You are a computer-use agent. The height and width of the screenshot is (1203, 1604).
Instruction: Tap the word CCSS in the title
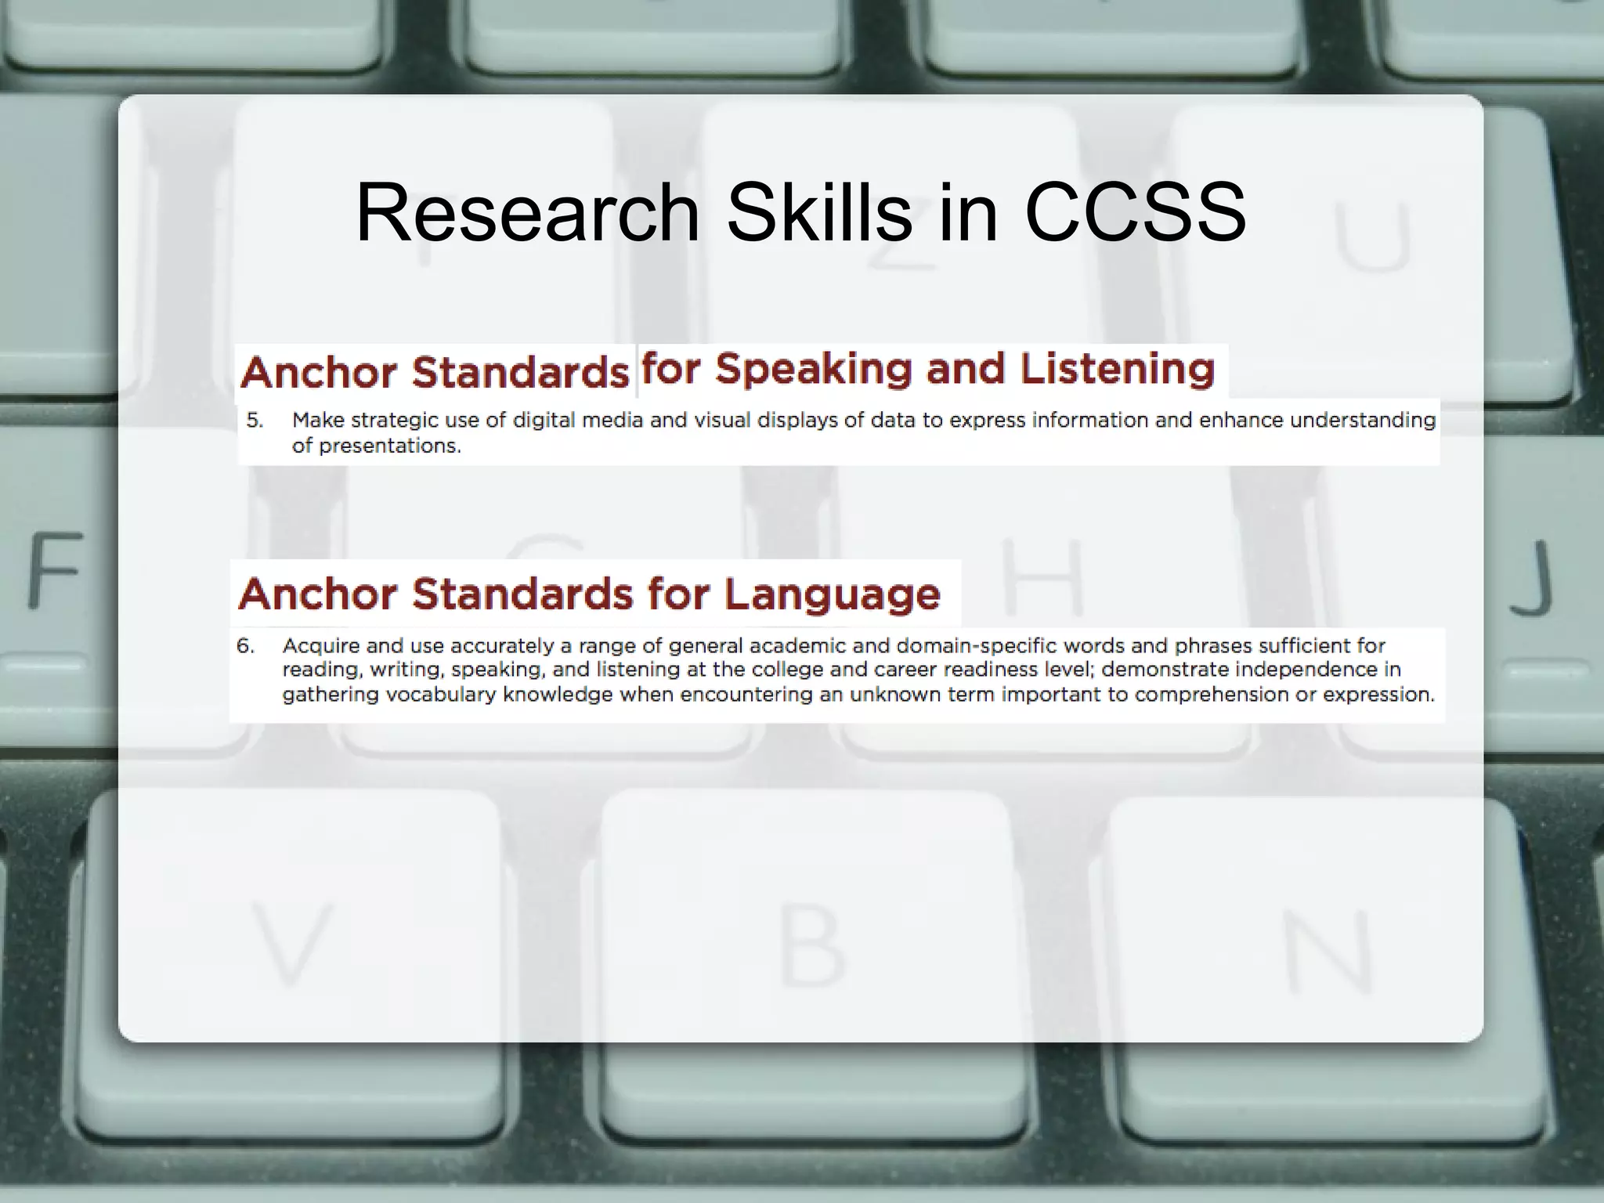1135,213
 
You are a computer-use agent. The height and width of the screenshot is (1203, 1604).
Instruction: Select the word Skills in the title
819,213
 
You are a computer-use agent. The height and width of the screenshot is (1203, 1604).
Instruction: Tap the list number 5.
255,421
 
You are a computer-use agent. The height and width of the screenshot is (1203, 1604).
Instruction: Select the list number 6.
245,646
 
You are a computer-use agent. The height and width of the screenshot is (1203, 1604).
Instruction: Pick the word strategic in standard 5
394,421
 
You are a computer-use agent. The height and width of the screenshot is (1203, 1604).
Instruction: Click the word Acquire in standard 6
320,646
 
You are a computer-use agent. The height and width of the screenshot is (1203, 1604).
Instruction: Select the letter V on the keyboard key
291,943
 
